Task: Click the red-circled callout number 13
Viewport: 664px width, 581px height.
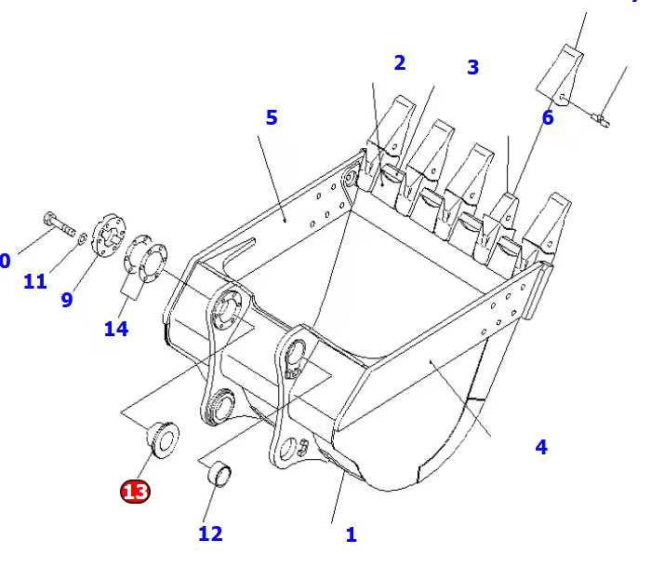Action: click(135, 491)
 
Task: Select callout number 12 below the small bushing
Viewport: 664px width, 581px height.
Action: click(210, 534)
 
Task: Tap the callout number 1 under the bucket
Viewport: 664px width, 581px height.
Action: click(351, 535)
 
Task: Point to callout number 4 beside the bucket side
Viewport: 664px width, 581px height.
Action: click(541, 447)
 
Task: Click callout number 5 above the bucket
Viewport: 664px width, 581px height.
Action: click(272, 117)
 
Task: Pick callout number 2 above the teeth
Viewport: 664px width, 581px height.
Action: click(400, 63)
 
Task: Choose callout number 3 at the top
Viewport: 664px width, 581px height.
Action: click(472, 67)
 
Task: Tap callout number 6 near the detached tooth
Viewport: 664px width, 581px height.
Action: click(548, 118)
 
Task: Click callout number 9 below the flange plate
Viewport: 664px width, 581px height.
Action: click(67, 300)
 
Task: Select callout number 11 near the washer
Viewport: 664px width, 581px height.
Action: click(35, 281)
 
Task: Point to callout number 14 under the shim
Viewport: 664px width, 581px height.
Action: click(116, 329)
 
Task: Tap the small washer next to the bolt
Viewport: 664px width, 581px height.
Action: click(84, 239)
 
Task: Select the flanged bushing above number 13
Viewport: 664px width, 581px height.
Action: click(164, 439)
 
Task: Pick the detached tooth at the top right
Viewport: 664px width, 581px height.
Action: click(561, 71)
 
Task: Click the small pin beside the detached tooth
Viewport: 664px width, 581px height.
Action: click(600, 118)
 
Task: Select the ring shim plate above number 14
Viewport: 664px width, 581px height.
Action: click(147, 256)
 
